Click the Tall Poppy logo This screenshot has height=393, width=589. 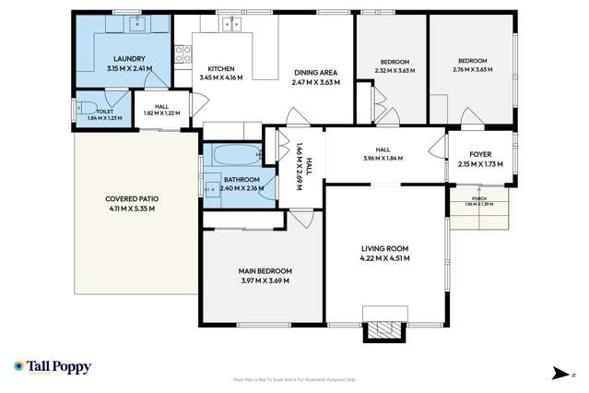pyautogui.click(x=53, y=367)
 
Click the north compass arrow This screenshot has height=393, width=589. pyautogui.click(x=559, y=373)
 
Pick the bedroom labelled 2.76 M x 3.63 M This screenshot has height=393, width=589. pyautogui.click(x=470, y=65)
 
